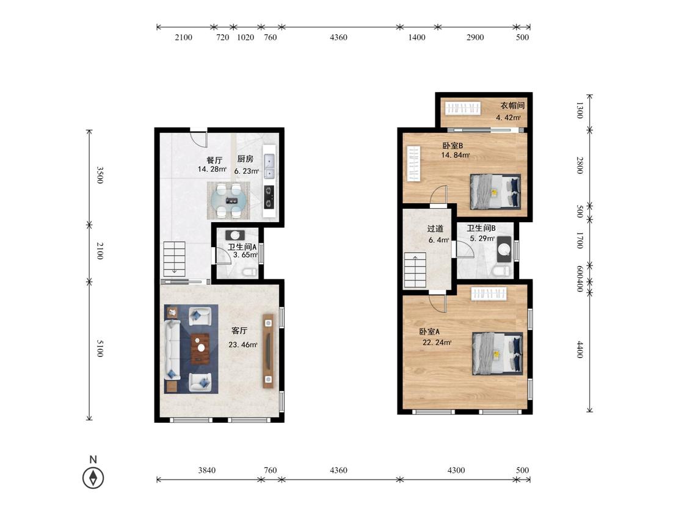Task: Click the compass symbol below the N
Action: pyautogui.click(x=93, y=477)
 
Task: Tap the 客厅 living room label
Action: pyautogui.click(x=239, y=331)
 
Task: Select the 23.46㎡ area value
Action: pyautogui.click(x=242, y=345)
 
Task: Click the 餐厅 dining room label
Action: pyautogui.click(x=214, y=160)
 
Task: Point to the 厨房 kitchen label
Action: pyautogui.click(x=245, y=159)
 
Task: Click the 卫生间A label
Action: pyautogui.click(x=242, y=247)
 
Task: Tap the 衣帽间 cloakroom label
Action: pyautogui.click(x=512, y=106)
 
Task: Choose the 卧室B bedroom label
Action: pyautogui.click(x=453, y=146)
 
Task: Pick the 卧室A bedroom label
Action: pyautogui.click(x=429, y=332)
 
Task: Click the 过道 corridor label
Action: pyautogui.click(x=435, y=229)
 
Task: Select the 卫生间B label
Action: pyautogui.click(x=481, y=228)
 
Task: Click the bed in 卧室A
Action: pyautogui.click(x=498, y=354)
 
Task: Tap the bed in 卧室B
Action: pyautogui.click(x=495, y=192)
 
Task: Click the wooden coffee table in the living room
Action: pyautogui.click(x=201, y=349)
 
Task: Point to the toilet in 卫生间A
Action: pyautogui.click(x=250, y=272)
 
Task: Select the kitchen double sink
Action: pyautogui.click(x=269, y=167)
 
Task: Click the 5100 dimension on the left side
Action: pyautogui.click(x=100, y=348)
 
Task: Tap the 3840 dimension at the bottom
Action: pyautogui.click(x=207, y=470)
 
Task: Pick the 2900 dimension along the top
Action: pyautogui.click(x=475, y=37)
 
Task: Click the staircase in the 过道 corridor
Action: pyautogui.click(x=415, y=270)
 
